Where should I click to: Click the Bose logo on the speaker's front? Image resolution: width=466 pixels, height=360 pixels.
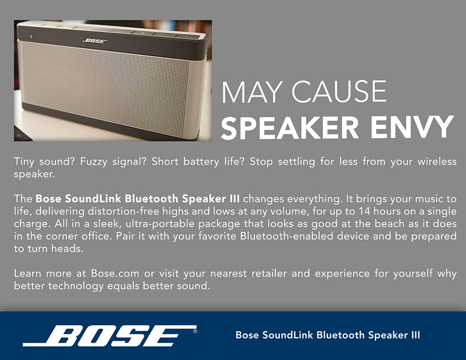click(95, 41)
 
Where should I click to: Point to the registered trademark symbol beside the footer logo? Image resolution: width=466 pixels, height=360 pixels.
click(195, 331)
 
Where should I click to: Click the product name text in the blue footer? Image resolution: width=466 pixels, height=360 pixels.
click(328, 335)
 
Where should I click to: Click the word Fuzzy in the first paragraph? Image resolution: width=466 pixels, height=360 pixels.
click(94, 162)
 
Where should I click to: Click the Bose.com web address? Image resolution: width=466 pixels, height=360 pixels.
click(115, 273)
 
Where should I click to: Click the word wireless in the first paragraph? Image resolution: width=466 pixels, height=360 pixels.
click(437, 162)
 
